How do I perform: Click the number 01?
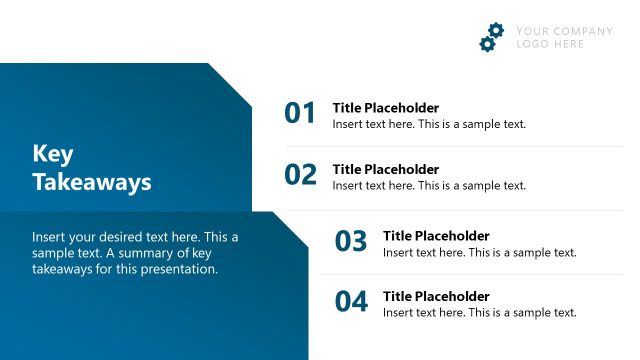(x=300, y=114)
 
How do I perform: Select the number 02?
(x=300, y=175)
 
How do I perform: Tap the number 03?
(x=351, y=242)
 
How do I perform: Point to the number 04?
(x=351, y=301)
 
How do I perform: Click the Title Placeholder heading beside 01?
(x=385, y=108)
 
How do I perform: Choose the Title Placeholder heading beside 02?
(x=385, y=169)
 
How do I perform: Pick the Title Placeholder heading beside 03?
(x=436, y=236)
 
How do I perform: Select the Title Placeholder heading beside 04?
(x=436, y=296)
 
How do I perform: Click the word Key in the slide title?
(x=53, y=154)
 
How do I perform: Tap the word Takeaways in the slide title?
(x=91, y=182)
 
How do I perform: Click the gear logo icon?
(x=491, y=37)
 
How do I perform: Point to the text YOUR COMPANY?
(x=564, y=31)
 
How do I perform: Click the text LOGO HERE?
(x=550, y=44)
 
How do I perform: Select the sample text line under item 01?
(x=429, y=124)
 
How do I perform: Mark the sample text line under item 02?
(x=429, y=185)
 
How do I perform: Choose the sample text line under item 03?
(x=480, y=252)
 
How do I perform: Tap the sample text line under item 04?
(x=480, y=312)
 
